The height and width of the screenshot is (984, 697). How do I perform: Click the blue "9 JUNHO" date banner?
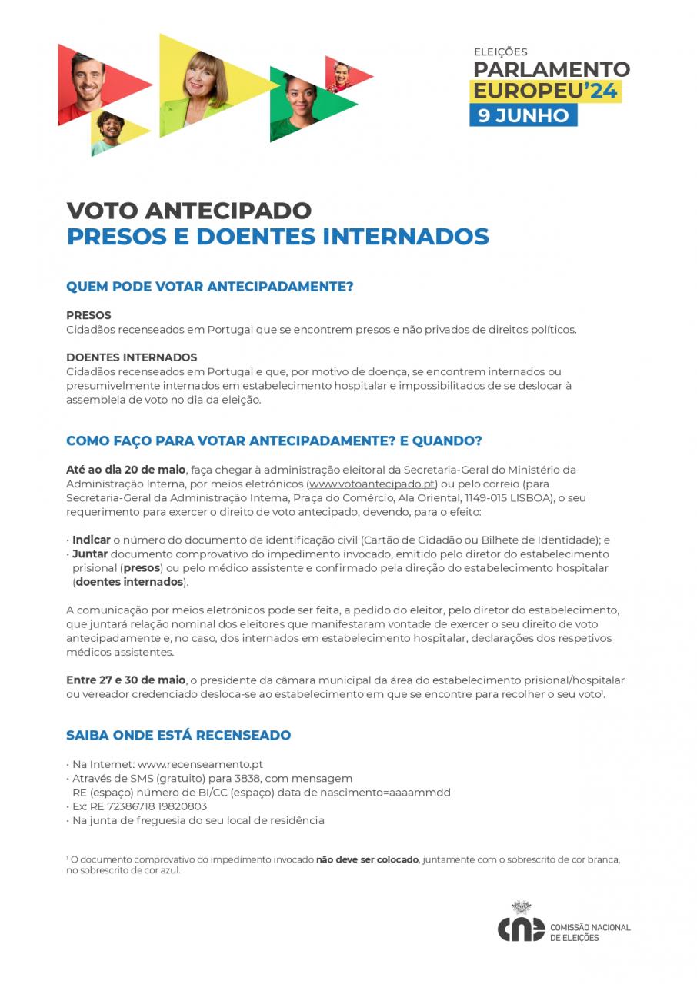click(x=523, y=116)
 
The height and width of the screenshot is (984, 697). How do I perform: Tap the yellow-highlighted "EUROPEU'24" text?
click(x=545, y=91)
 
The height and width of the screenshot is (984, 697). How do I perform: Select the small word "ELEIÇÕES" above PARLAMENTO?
click(x=500, y=52)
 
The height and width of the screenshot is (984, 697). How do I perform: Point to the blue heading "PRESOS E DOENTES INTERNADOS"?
click(x=278, y=237)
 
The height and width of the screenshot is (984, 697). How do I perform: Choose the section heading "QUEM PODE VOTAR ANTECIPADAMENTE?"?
click(x=209, y=287)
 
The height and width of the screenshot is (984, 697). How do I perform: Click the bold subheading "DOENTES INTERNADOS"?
click(x=132, y=357)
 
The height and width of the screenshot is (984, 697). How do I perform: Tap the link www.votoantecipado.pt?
click(x=372, y=484)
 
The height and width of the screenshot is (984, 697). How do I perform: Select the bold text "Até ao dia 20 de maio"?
click(x=126, y=470)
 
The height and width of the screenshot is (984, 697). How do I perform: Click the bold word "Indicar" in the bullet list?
click(x=92, y=540)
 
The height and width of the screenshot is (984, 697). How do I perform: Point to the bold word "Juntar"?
click(x=90, y=554)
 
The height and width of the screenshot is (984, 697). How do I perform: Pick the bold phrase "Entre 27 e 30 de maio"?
click(x=126, y=680)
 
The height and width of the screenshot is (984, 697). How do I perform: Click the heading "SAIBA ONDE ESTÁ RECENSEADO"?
click(x=178, y=736)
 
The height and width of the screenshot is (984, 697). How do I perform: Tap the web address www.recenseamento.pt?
click(x=200, y=765)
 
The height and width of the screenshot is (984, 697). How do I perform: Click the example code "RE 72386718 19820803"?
click(x=142, y=806)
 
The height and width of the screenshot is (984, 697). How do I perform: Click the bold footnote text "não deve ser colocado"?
click(x=367, y=859)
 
